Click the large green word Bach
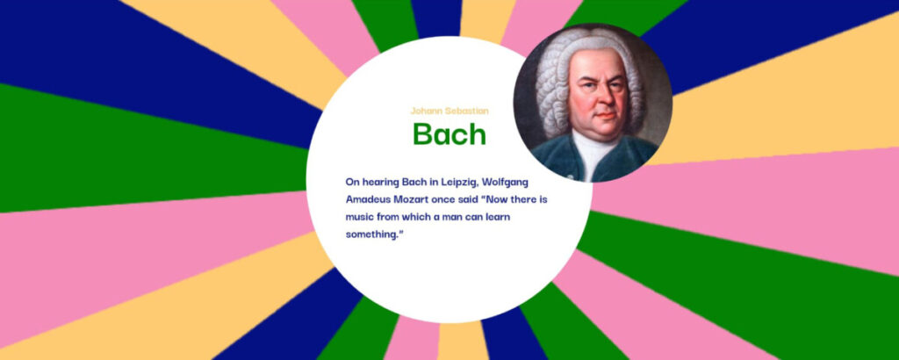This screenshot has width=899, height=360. click(x=449, y=133)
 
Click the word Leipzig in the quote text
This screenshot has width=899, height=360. click(x=459, y=183)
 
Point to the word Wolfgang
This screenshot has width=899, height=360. click(x=505, y=183)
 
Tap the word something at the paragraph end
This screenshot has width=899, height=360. click(x=371, y=234)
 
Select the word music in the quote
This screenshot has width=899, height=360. click(x=358, y=217)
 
